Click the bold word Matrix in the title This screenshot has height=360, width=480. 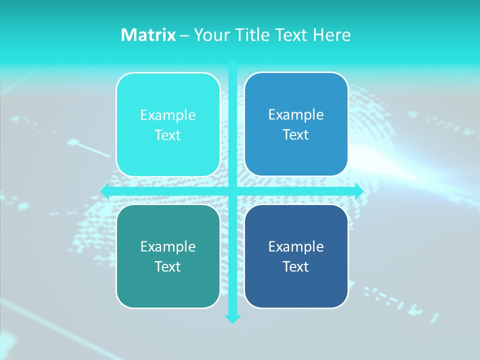click(148, 35)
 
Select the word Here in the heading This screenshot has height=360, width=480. click(331, 35)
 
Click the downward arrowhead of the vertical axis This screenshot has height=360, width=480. click(232, 318)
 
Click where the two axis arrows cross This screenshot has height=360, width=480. click(232, 191)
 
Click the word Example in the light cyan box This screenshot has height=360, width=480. click(168, 115)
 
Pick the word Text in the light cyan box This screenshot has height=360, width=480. click(168, 135)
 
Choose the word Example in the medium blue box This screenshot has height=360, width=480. click(296, 115)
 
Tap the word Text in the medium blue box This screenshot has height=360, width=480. click(296, 135)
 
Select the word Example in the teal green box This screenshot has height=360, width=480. click(168, 247)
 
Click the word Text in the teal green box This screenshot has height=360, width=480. click(168, 267)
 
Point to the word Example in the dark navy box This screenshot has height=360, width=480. click(296, 247)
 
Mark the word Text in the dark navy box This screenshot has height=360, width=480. click(296, 267)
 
